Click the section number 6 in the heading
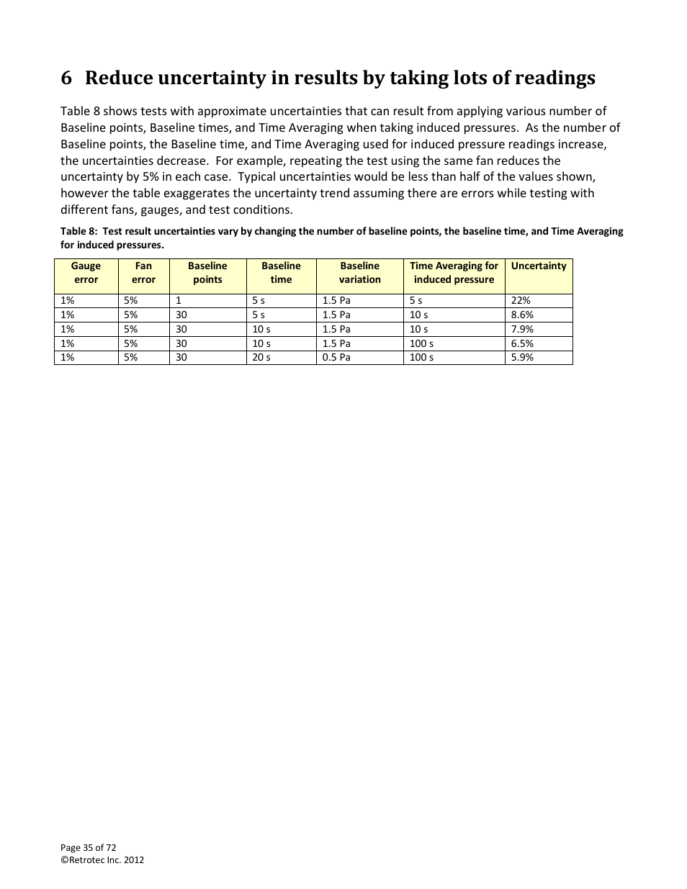pyautogui.click(x=66, y=78)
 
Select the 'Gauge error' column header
pyautogui.click(x=86, y=273)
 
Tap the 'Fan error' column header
pyautogui.click(x=143, y=273)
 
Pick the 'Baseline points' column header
pyautogui.click(x=207, y=273)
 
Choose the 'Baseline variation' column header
pyautogui.click(x=359, y=273)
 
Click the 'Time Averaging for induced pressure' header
pyautogui.click(x=454, y=273)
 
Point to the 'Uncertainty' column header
pyautogui.click(x=539, y=266)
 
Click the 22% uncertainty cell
pyautogui.click(x=521, y=300)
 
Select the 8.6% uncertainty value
pyautogui.click(x=522, y=315)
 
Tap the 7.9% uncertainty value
pyautogui.click(x=522, y=329)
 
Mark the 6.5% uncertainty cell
pyautogui.click(x=522, y=343)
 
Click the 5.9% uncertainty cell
pyautogui.click(x=522, y=357)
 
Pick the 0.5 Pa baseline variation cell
pyautogui.click(x=336, y=357)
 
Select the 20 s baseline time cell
pyautogui.click(x=261, y=357)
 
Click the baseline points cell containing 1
pyautogui.click(x=179, y=300)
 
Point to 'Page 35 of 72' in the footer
pyautogui.click(x=88, y=847)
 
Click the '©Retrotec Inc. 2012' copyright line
pyautogui.click(x=102, y=859)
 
